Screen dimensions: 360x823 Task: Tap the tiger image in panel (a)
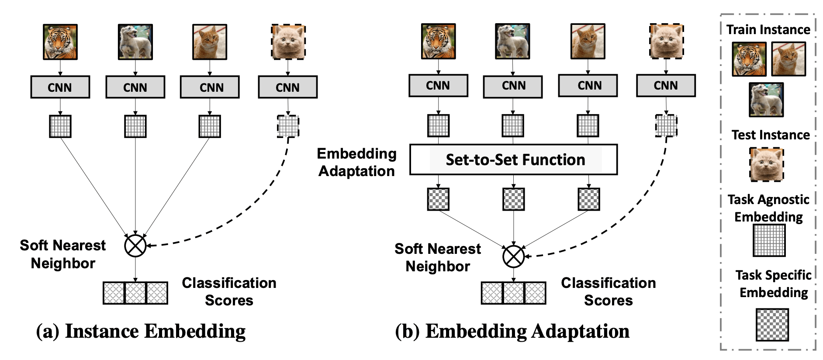coord(60,42)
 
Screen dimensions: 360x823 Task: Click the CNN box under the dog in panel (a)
coord(135,87)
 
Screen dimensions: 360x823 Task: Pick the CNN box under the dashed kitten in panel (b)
coord(666,86)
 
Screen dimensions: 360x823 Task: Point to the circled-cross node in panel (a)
coord(135,246)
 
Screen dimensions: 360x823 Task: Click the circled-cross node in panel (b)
coord(513,256)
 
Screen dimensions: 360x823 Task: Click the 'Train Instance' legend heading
coord(768,30)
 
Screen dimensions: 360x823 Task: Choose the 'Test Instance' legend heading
coord(771,135)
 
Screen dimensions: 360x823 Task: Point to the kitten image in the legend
coord(767,164)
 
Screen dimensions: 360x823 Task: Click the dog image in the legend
coord(766,100)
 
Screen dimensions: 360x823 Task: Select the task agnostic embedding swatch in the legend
coord(769,240)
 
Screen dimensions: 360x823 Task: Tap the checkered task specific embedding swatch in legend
coord(772,325)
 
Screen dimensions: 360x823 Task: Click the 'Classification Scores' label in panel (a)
coord(229,291)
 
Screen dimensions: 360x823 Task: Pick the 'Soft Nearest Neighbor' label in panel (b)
coord(438,257)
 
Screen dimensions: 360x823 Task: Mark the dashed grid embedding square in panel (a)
coord(288,127)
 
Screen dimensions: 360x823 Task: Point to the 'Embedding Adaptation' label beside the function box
coord(356,162)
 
